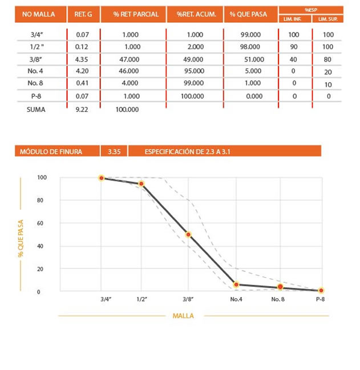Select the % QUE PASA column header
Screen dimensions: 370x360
tap(251, 14)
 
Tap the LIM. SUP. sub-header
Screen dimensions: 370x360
tap(327, 19)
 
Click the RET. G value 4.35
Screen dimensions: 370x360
tap(83, 58)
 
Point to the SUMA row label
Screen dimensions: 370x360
tap(35, 109)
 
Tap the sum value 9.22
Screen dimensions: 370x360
tap(83, 109)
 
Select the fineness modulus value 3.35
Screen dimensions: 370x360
tap(114, 151)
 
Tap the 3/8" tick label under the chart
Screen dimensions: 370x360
tap(188, 299)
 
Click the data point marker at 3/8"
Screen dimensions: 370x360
tap(188, 234)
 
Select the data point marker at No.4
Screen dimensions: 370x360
tap(236, 284)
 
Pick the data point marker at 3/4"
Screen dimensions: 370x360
tap(102, 178)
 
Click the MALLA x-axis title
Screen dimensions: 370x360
tap(183, 315)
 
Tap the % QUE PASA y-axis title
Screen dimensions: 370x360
tap(21, 234)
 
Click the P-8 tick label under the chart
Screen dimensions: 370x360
tap(320, 299)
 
